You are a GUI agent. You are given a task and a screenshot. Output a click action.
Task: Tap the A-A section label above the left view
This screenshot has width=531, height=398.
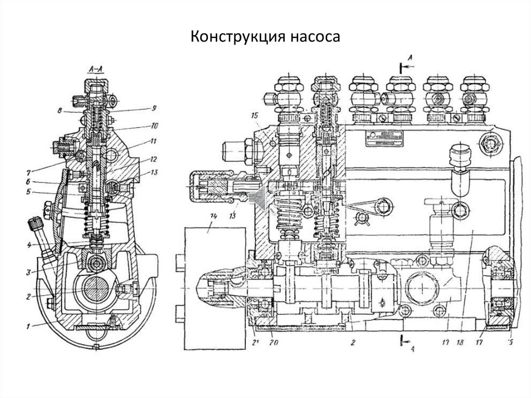pos(97,68)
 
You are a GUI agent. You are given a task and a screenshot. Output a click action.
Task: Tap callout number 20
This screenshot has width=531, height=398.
pos(273,343)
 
